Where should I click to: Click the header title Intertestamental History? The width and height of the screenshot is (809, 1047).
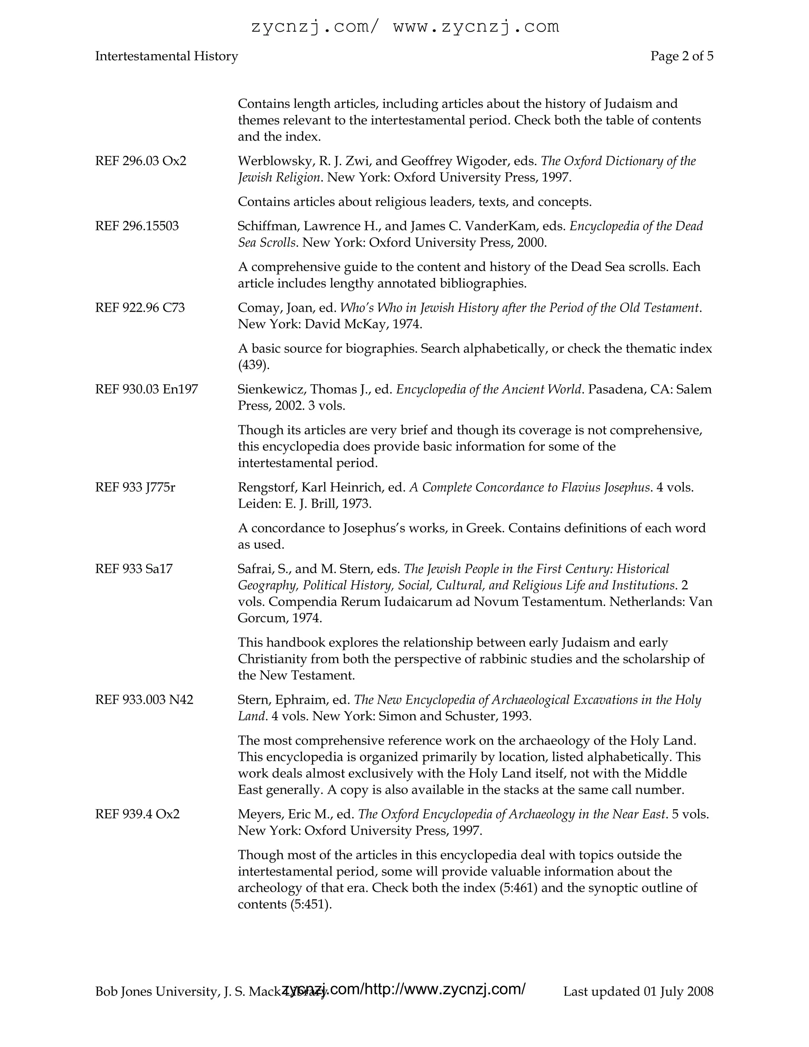point(166,56)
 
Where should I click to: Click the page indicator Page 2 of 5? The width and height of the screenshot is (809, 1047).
point(681,56)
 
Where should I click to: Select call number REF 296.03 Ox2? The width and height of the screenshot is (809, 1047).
point(140,161)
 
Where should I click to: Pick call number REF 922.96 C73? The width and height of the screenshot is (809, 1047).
point(139,307)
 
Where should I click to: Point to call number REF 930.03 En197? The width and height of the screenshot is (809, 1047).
point(146,389)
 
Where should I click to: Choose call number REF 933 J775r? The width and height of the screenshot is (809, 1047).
point(135,487)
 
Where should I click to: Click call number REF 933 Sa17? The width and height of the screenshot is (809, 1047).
point(134,569)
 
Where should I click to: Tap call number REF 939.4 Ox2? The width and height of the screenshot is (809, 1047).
point(137,813)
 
